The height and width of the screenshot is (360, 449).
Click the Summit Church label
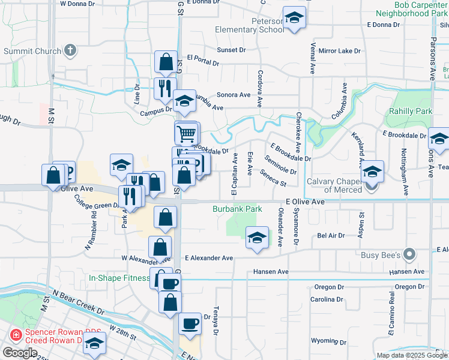tap(32, 51)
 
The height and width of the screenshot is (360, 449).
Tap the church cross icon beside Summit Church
tap(70, 50)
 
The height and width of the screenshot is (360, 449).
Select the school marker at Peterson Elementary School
tap(294, 19)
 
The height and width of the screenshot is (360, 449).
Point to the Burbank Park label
tap(237, 209)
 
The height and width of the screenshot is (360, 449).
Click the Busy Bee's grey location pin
tap(409, 254)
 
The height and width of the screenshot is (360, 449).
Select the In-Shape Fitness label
tap(119, 278)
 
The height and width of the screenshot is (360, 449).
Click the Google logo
tap(20, 352)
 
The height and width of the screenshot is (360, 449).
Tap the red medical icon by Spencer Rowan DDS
tap(14, 334)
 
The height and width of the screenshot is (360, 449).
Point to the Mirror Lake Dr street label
tap(339, 52)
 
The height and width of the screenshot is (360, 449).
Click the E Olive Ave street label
tap(305, 203)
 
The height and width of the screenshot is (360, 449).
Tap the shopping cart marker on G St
tap(187, 133)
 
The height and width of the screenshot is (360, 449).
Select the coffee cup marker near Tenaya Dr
tap(190, 324)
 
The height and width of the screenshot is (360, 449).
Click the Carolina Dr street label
tap(326, 299)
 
